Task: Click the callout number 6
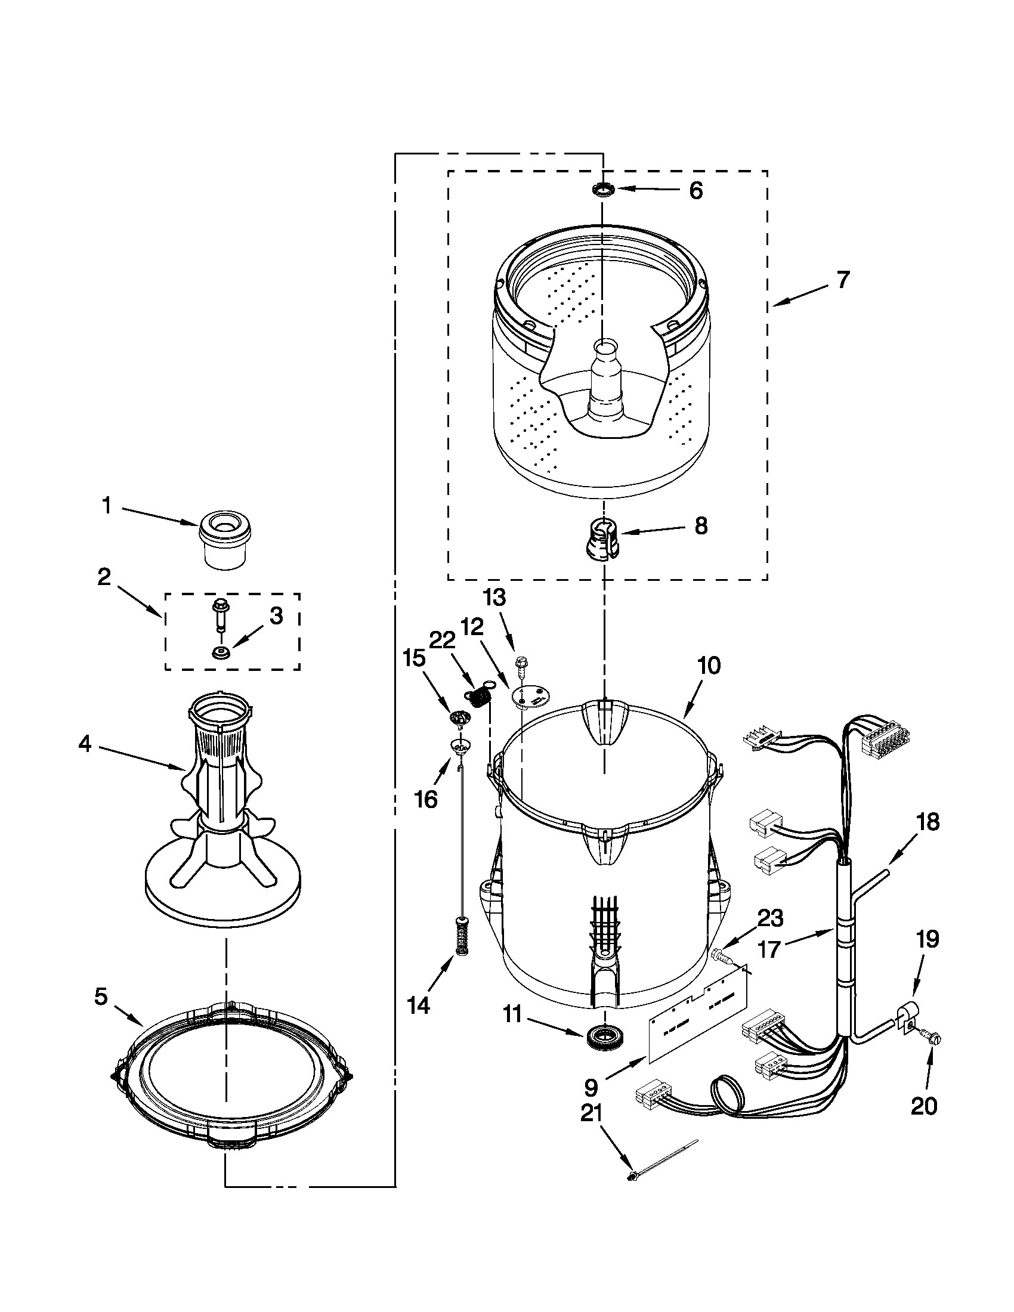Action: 695,191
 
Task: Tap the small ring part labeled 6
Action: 602,190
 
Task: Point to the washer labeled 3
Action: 221,652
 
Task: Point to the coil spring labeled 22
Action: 478,698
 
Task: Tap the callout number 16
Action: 426,800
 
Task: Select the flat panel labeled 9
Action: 697,1015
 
